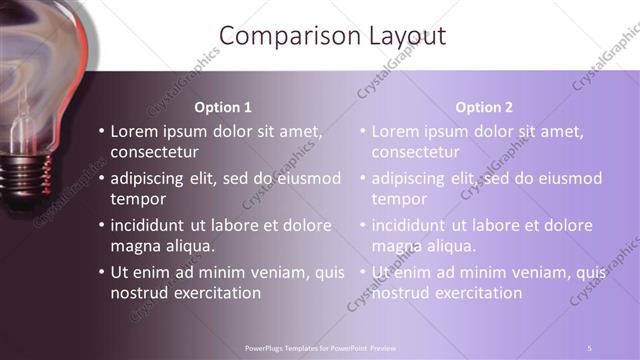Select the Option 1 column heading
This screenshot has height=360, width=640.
coord(223,107)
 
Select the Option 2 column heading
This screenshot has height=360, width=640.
coord(484,107)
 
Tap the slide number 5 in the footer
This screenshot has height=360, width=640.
coord(589,347)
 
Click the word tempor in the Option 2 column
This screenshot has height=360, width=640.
coord(399,199)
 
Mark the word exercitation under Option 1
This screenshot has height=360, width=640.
coord(215,293)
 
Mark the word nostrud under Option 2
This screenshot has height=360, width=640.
coord(402,293)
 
